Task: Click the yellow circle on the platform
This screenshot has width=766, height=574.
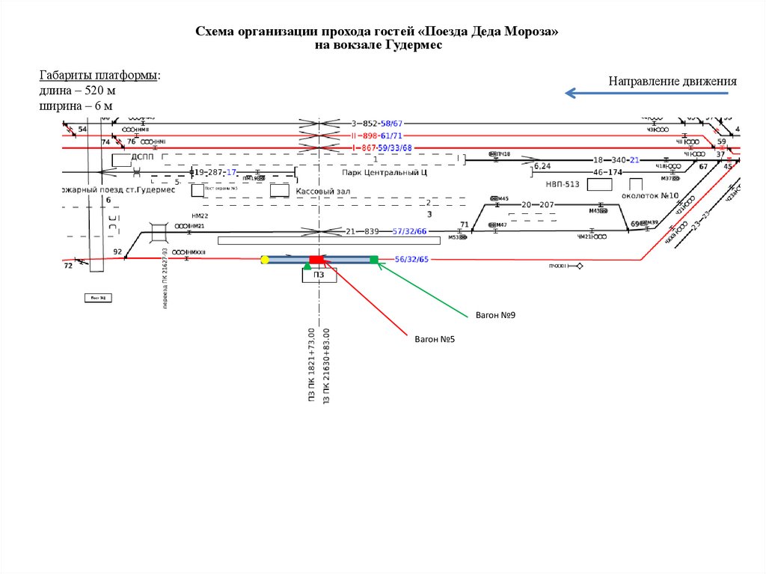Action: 265,260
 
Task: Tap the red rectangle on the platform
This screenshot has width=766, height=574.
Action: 317,260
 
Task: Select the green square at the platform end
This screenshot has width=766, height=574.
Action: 374,260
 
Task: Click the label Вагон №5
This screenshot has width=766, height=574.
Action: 435,339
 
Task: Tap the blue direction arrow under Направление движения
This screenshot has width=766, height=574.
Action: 646,94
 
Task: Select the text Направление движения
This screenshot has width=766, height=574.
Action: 672,81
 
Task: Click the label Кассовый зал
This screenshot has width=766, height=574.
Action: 323,192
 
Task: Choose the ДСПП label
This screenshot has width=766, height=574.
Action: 142,157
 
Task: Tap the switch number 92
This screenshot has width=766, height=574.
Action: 117,251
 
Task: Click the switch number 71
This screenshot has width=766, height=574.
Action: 464,225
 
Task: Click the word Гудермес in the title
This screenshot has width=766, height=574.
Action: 414,46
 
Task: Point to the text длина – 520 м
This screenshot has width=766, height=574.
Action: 77,91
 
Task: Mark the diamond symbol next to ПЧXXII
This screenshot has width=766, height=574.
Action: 579,266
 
